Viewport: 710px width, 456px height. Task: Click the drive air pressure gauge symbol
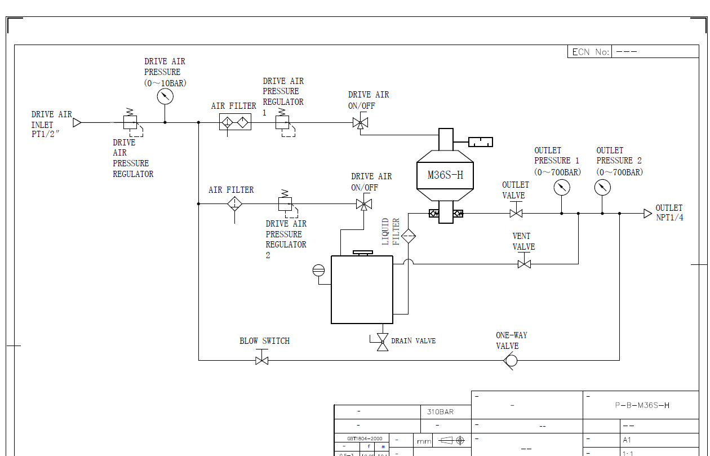165,96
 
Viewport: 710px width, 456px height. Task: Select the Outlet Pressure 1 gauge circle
561,188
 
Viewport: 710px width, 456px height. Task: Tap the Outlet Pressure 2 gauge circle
602,188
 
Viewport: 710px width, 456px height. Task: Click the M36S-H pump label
445,175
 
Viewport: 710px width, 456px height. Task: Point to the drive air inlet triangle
77,122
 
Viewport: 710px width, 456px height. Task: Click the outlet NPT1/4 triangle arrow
647,214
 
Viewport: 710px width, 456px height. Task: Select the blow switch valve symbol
261,360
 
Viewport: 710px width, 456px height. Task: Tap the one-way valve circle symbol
511,360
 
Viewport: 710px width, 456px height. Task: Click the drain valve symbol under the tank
382,341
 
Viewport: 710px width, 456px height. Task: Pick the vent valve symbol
524,263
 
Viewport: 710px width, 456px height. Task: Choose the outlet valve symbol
516,213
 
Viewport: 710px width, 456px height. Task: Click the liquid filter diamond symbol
409,236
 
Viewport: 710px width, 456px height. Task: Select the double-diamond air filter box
235,122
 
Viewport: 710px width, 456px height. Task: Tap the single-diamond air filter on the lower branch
234,203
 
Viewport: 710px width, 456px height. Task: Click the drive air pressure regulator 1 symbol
282,122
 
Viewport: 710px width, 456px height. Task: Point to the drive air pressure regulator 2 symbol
285,203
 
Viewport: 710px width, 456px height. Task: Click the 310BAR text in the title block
440,411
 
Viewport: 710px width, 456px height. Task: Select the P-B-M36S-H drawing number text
642,405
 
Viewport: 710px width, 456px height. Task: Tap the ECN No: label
590,52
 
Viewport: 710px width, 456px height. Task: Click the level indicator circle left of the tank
318,271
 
